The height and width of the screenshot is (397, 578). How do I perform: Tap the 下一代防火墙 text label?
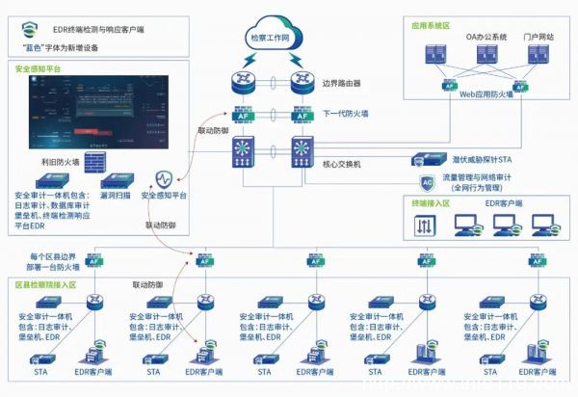pyautogui.click(x=350, y=114)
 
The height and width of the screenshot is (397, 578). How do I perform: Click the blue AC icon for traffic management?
pyautogui.click(x=427, y=181)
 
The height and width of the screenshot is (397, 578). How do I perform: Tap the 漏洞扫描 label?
pyautogui.click(x=118, y=195)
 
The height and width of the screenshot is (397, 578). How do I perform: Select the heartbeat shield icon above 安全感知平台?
pyautogui.click(x=165, y=179)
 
